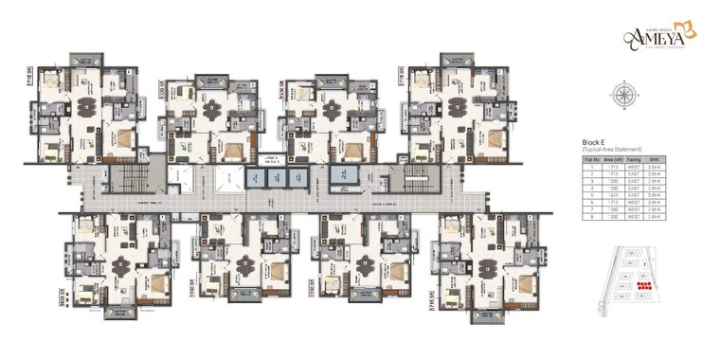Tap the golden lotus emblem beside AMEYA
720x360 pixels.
coord(690,30)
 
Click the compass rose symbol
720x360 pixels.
coord(624,93)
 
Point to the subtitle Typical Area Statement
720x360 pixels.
coord(612,150)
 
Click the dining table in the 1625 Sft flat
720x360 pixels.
coord(120,266)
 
